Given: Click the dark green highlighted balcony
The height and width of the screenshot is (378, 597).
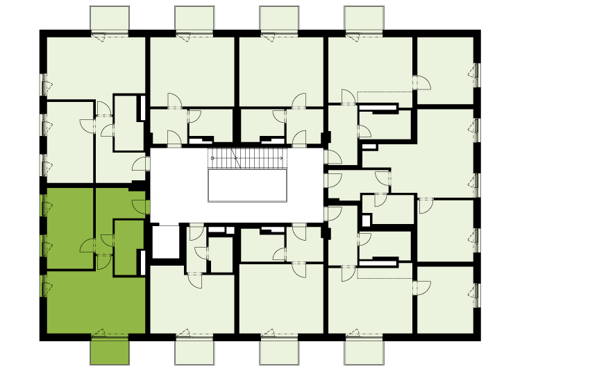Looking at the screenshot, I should [x=110, y=350].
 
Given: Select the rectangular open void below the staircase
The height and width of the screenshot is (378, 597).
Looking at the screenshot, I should [x=248, y=185].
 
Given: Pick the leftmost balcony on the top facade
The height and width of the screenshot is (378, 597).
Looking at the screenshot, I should [x=110, y=18].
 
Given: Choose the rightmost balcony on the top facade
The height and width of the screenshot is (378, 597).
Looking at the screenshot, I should [x=364, y=18].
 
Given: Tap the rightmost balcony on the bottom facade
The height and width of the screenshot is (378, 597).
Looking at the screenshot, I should [x=364, y=352].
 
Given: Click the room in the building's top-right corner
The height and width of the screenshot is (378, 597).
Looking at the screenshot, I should [x=444, y=69].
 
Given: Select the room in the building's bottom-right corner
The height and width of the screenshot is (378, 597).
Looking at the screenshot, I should [x=444, y=300].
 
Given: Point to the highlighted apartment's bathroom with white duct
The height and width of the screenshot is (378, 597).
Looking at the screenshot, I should [x=128, y=247].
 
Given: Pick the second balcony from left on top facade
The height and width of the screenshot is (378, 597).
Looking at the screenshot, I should [x=194, y=18].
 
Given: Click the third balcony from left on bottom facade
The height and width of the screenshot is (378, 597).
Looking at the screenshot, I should [x=279, y=352].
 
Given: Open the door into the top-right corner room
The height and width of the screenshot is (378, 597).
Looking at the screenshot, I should [x=423, y=82].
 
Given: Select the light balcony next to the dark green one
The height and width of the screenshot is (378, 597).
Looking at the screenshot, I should [x=194, y=352].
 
